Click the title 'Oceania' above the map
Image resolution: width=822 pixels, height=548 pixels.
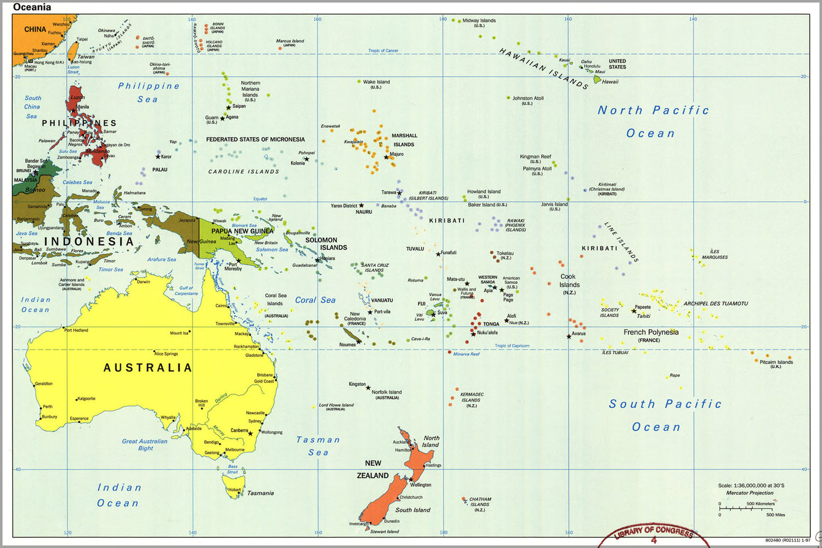tap(32, 7)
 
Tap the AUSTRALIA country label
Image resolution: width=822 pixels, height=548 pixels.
tap(148, 368)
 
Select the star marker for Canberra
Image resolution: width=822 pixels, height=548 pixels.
tap(251, 433)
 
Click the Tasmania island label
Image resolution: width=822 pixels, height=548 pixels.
tap(260, 493)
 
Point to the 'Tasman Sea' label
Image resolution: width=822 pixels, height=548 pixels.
tap(318, 446)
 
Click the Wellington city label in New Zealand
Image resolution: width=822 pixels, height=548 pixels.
tap(421, 485)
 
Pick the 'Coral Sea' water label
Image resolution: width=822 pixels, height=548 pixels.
tap(315, 300)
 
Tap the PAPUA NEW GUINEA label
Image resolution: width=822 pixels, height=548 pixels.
tap(242, 231)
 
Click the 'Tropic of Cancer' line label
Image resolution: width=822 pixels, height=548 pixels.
tap(383, 50)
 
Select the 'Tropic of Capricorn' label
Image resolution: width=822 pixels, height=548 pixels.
tap(512, 346)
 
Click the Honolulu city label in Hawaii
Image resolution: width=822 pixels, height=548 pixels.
tap(592, 66)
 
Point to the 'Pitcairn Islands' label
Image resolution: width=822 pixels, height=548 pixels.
tap(776, 362)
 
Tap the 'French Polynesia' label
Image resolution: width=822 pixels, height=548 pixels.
tap(651, 332)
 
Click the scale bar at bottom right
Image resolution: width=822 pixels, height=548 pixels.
tap(748, 509)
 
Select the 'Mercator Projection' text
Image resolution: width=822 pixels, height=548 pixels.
tap(750, 493)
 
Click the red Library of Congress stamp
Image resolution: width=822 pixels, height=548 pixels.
tap(653, 535)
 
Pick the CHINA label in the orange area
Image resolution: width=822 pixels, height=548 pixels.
tap(35, 30)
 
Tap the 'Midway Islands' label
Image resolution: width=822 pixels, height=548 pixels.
tap(479, 21)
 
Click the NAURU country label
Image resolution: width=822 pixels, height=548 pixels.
tap(364, 212)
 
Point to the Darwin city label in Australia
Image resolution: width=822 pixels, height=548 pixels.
tap(143, 282)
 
